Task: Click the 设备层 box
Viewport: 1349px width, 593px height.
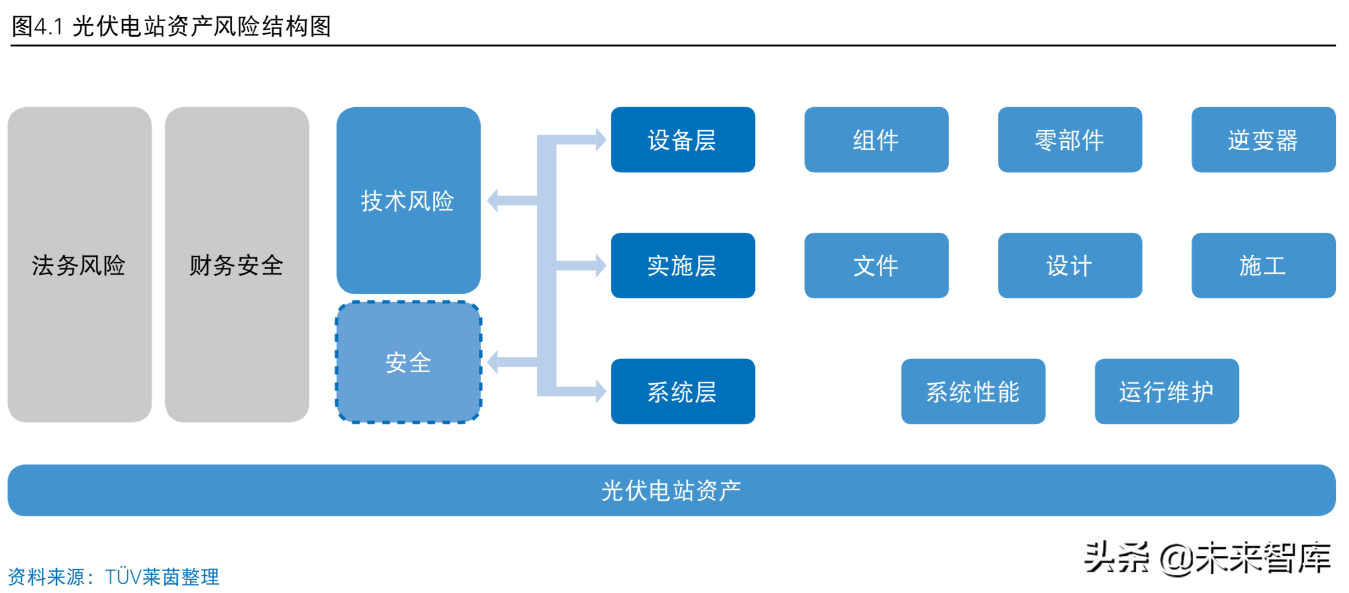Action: (x=683, y=139)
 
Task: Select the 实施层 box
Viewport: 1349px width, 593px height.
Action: (x=683, y=266)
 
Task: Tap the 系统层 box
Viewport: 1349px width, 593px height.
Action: (x=683, y=392)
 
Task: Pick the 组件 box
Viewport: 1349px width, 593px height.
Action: (x=876, y=139)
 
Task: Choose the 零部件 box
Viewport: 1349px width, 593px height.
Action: (x=1070, y=139)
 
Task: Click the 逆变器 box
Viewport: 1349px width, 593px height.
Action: (x=1263, y=139)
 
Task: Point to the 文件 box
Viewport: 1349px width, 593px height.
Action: (x=876, y=266)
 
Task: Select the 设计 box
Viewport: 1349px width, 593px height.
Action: (x=1070, y=266)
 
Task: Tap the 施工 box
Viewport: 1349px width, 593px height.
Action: (x=1263, y=266)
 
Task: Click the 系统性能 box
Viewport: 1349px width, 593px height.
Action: (x=973, y=392)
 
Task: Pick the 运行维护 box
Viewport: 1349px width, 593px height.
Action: (x=1166, y=392)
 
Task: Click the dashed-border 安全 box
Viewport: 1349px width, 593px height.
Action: (x=408, y=362)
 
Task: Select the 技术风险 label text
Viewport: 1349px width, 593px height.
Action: (x=407, y=201)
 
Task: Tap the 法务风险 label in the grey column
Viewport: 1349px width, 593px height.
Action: (x=79, y=266)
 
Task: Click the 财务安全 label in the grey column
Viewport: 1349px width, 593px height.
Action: (x=236, y=266)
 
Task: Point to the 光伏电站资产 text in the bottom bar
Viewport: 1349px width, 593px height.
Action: (x=671, y=491)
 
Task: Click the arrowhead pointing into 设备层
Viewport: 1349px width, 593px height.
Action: (x=601, y=139)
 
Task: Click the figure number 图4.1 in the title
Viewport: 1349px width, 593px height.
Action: (x=37, y=26)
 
